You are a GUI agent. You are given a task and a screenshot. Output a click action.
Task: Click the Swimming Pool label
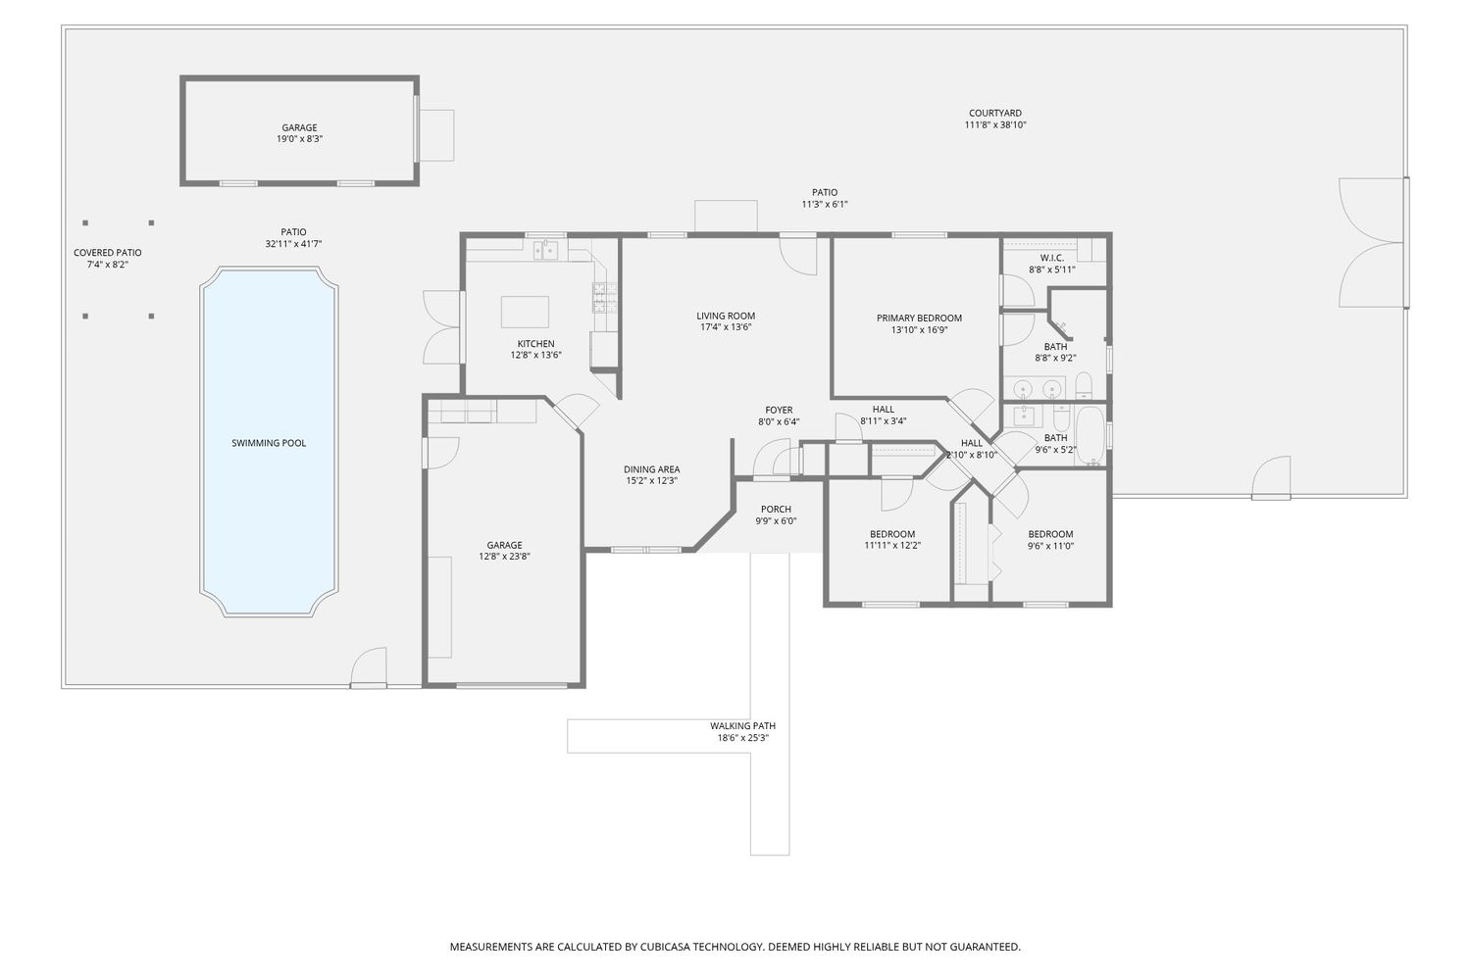(x=269, y=443)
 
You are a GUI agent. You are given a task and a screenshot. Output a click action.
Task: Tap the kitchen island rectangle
(x=525, y=312)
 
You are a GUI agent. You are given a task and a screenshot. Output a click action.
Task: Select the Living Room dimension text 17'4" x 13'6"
(x=726, y=327)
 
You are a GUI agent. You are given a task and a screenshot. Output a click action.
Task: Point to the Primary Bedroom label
(x=919, y=318)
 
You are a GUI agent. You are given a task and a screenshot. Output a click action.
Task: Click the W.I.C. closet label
(x=1051, y=258)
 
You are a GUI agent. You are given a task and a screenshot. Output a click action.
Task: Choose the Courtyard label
(x=994, y=113)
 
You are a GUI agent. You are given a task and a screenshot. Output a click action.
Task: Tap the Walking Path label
(x=742, y=726)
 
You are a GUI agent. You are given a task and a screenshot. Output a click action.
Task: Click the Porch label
(x=776, y=509)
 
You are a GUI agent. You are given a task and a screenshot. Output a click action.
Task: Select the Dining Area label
(x=651, y=469)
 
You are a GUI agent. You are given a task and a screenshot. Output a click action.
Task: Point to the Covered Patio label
(x=107, y=253)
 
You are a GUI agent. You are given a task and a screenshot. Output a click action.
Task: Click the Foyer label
(x=779, y=410)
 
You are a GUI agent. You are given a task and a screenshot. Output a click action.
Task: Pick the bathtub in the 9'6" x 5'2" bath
(x=1090, y=435)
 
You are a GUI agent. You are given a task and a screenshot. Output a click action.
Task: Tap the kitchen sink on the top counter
(x=545, y=251)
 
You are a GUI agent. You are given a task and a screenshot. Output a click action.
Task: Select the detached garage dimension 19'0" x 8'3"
(x=299, y=139)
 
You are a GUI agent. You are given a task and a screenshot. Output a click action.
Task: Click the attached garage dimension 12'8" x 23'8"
(x=504, y=557)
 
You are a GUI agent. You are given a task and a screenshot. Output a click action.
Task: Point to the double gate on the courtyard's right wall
(x=1373, y=242)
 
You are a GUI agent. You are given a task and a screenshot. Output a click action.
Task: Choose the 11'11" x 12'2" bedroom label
(x=892, y=534)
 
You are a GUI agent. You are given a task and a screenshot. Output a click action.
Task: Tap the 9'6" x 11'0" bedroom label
(x=1050, y=534)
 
